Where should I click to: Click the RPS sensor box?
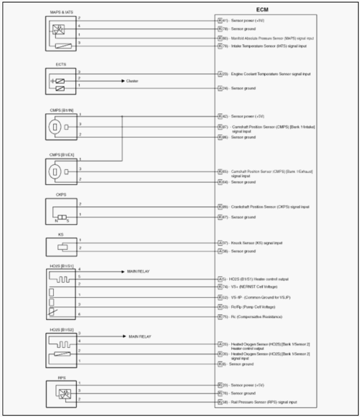click(x=62, y=393)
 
